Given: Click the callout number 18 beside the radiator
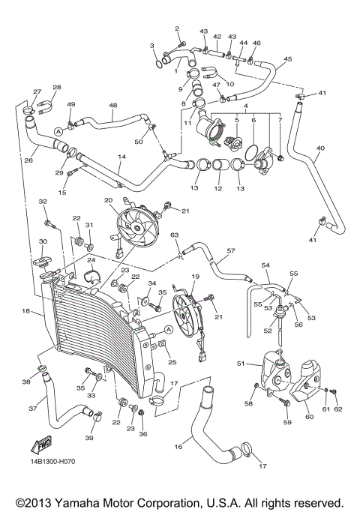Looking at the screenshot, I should point(26,310).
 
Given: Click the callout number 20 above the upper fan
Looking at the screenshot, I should point(108,200).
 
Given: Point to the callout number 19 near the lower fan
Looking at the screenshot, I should point(195,277).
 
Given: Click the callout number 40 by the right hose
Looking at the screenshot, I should point(320,148).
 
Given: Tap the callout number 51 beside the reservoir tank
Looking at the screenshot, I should point(241,363).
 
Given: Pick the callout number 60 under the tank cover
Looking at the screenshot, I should point(309,416).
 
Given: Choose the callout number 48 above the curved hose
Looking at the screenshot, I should point(113,106).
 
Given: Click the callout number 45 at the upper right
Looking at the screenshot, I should point(288,59).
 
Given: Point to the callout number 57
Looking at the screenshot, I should point(231,251).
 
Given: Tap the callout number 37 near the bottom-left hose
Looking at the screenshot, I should point(32,409).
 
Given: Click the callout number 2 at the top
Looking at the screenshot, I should point(178,28).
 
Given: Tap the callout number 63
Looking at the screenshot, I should point(174,235).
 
